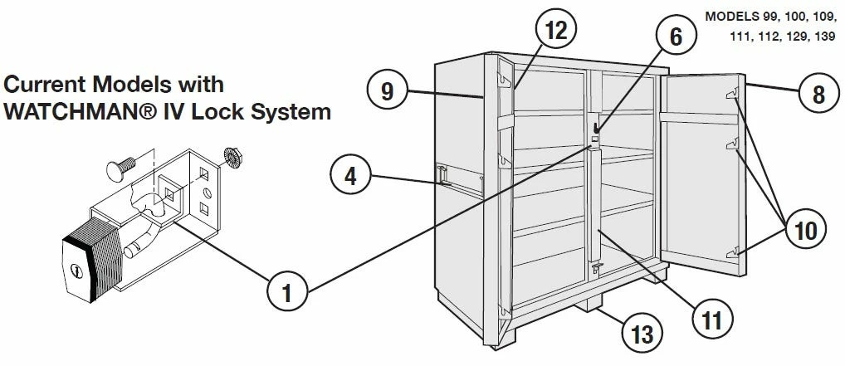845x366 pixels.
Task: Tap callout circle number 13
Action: [642, 334]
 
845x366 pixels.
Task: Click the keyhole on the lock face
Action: [76, 271]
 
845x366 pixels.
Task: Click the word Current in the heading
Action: [44, 85]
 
